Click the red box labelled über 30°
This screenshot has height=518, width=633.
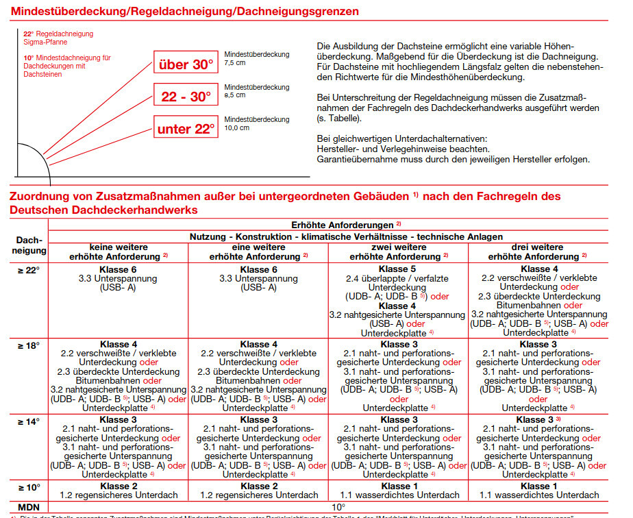tap(186, 65)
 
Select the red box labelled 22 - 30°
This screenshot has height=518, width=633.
tap(186, 97)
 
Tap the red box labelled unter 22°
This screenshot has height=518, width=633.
tap(186, 128)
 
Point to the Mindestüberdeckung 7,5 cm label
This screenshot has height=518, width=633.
tap(256, 58)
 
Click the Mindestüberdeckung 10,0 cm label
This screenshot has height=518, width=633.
tap(256, 123)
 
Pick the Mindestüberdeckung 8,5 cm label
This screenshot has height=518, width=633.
tap(256, 91)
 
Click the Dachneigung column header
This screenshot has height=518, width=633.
tap(28, 245)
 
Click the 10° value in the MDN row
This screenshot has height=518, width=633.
tap(338, 507)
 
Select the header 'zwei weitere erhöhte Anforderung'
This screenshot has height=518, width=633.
tap(398, 251)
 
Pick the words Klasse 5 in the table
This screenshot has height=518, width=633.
tap(398, 269)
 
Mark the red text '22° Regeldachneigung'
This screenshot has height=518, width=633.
tap(58, 34)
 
